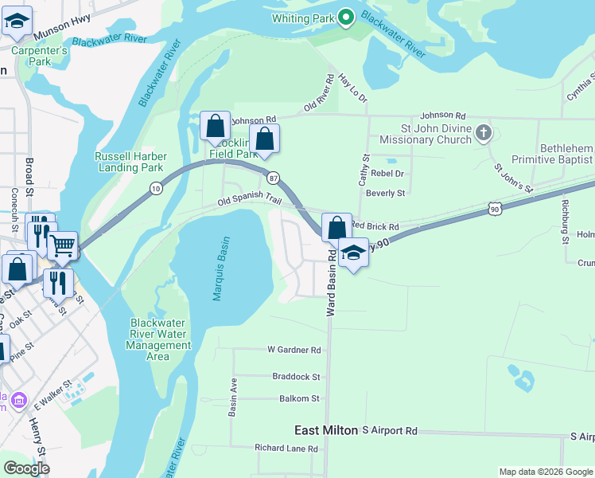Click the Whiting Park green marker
[345, 18]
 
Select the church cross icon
[483, 133]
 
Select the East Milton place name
[326, 430]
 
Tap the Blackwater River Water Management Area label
[161, 339]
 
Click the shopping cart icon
[62, 246]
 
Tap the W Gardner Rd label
[294, 350]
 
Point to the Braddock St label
[296, 377]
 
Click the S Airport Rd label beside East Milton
[390, 430]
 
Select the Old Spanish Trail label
[250, 202]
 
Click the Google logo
[26, 468]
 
